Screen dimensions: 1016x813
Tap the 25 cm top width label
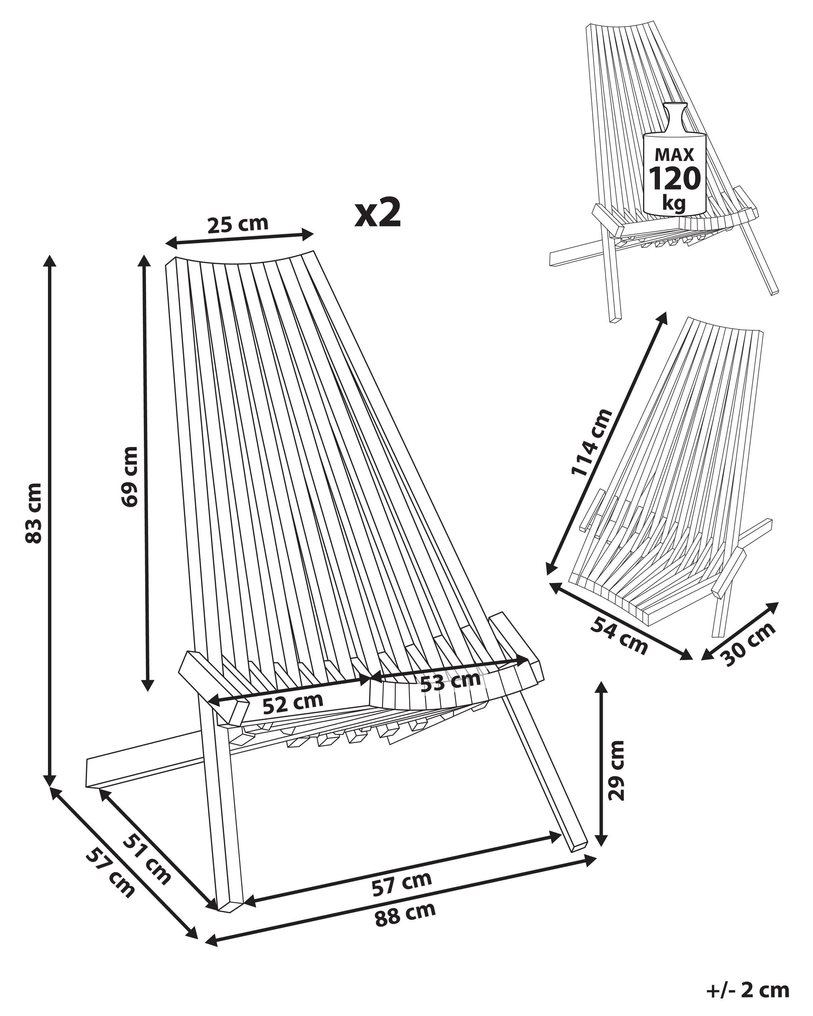[238, 224]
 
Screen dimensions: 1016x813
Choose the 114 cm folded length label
[591, 443]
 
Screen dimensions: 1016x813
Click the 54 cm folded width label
[619, 635]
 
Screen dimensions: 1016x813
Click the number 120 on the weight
[675, 179]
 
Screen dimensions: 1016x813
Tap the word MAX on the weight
[675, 155]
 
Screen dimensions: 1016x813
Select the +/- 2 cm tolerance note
[748, 991]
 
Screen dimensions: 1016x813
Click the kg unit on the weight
[674, 203]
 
